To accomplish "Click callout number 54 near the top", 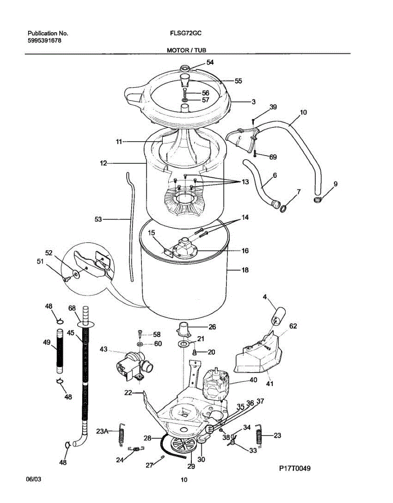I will click(210, 62).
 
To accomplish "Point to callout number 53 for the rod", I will click(99, 218).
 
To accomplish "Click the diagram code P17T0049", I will click(295, 468).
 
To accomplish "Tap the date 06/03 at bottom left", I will click(34, 479).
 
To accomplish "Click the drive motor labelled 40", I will click(216, 384).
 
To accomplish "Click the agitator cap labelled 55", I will click(185, 80).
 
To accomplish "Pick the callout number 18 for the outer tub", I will click(245, 270).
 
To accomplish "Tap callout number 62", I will click(292, 325).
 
